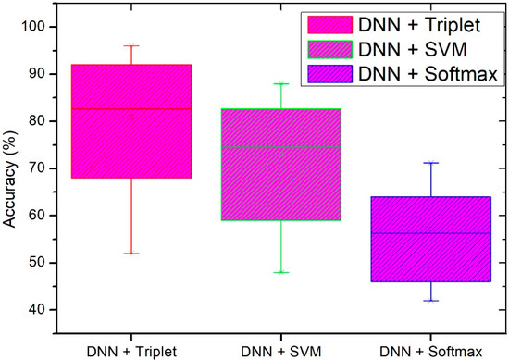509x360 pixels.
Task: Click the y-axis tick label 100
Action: [32, 25]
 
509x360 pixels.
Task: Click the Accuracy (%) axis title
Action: [10, 169]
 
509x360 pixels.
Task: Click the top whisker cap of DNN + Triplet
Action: [131, 45]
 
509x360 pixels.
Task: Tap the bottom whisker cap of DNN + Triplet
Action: [131, 253]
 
